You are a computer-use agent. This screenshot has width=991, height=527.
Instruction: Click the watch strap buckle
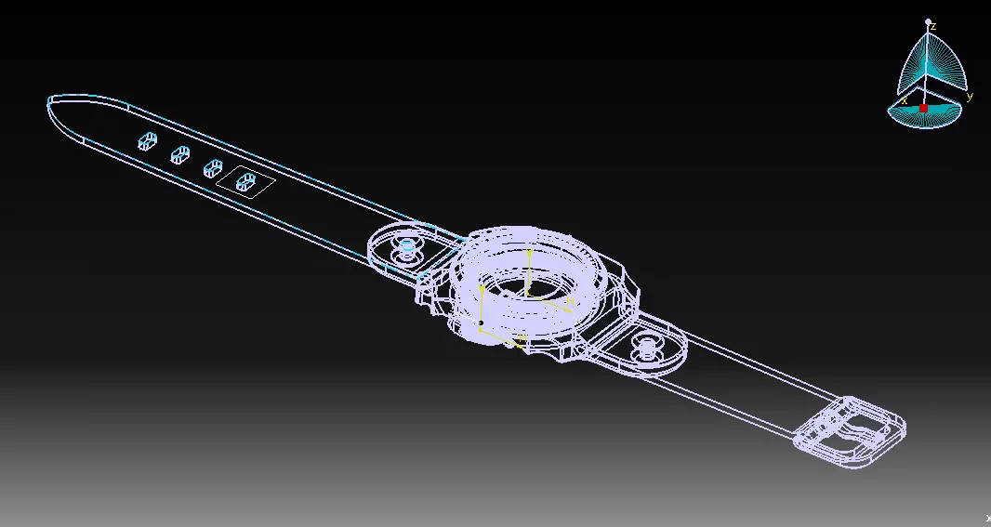pos(851,432)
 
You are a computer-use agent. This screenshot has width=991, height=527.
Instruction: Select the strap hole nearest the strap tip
pos(147,141)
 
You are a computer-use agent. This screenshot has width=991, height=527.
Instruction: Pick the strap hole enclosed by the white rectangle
pos(246,181)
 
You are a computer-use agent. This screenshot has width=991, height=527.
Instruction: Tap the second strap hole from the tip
pos(179,155)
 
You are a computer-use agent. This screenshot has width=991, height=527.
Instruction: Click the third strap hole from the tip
pos(213,168)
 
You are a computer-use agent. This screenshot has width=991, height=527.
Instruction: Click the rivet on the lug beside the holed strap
pos(407,248)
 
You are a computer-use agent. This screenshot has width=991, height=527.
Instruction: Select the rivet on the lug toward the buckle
pos(645,349)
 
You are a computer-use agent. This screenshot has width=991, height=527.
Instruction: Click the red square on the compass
pos(923,109)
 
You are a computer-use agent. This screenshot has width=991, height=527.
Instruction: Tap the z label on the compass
pos(932,27)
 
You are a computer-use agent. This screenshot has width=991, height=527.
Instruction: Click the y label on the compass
pos(970,96)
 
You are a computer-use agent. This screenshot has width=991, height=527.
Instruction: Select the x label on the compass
pos(904,100)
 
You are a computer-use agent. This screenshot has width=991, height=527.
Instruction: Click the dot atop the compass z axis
pos(928,20)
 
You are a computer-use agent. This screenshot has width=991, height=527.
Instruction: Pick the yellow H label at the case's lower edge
pos(522,336)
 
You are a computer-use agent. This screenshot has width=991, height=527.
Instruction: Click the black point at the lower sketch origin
pos(481,323)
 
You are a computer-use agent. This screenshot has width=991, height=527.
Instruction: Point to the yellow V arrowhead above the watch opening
pos(529,252)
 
